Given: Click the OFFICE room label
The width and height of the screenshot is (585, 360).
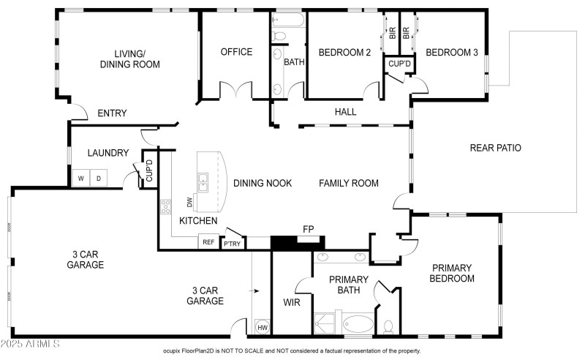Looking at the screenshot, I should tap(236, 52).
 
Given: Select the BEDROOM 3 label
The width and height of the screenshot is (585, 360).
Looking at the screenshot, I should tap(452, 52).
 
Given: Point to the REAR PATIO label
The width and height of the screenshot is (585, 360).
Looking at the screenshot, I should tap(495, 148).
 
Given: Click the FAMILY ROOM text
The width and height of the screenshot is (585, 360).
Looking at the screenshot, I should tap(348, 183).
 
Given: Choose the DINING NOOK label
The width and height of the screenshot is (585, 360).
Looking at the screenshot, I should tap(263, 183).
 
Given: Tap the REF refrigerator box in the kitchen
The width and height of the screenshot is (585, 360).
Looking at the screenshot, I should tap(208, 242).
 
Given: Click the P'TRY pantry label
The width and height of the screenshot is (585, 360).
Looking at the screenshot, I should tap(233, 243).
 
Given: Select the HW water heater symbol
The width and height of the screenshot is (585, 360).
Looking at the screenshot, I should tap(262, 328).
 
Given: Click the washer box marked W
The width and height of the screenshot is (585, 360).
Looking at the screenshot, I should tap(80, 178).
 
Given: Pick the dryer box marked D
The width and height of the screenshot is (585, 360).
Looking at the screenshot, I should tap(98, 178).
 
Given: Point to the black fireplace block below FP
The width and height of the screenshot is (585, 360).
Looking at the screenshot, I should tap(297, 243).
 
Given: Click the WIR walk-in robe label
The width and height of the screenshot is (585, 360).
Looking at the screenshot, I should tap(291, 301).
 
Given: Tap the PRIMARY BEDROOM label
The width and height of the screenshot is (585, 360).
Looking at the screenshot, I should tap(453, 273).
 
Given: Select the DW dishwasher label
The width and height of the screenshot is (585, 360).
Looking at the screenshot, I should tap(189, 202).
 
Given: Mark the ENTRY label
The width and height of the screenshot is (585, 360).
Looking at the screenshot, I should tap(112, 113).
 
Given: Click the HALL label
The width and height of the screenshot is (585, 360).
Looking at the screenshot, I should tap(345, 112).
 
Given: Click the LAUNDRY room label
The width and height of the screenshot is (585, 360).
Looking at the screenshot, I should tap(107, 153).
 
